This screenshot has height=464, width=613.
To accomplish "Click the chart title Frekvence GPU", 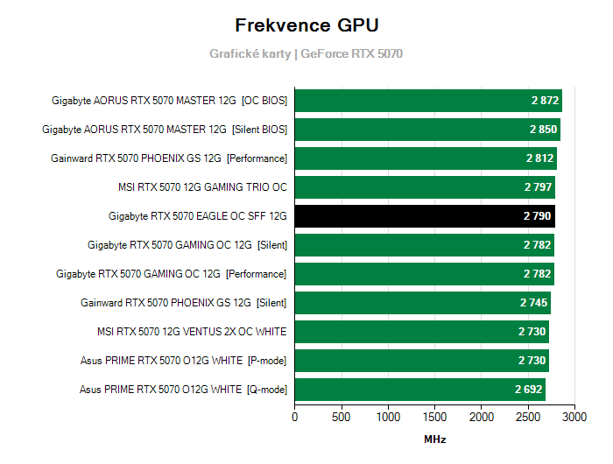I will [306, 25].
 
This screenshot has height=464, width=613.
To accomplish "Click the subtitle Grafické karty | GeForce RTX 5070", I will [306, 53].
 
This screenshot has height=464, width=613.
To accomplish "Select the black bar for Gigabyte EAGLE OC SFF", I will [425, 216].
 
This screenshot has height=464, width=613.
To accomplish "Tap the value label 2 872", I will [544, 101].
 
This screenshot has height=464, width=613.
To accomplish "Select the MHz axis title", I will [435, 439].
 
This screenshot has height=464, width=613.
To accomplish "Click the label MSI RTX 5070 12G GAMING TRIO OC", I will [202, 187].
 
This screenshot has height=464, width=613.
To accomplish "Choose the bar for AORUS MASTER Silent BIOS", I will [427, 130].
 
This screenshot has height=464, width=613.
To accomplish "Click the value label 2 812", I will [539, 158].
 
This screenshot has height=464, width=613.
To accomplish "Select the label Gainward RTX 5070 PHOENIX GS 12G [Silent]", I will [184, 303].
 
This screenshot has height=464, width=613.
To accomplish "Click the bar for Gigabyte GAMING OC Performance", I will [425, 274].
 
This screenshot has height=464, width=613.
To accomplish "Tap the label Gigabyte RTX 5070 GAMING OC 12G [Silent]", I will [187, 245].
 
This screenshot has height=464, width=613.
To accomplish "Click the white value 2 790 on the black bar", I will [538, 216].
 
